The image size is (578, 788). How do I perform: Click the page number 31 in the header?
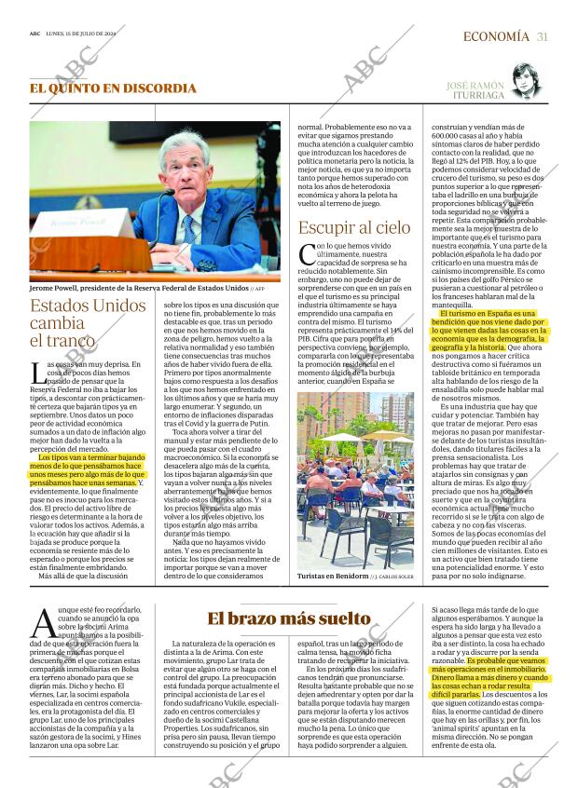542,36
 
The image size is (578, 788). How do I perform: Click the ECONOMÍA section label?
496,36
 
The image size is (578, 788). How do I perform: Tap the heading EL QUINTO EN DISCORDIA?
113,88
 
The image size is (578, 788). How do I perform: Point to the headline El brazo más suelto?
288,618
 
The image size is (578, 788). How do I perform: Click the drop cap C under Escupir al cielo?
306,254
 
